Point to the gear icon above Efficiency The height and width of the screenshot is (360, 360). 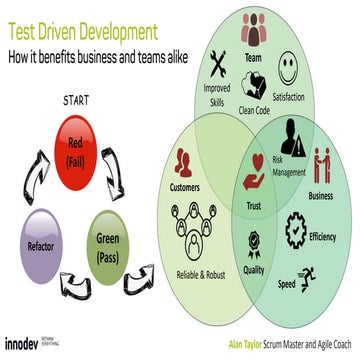click(x=297, y=224)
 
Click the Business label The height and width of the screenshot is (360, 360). click(x=320, y=195)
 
